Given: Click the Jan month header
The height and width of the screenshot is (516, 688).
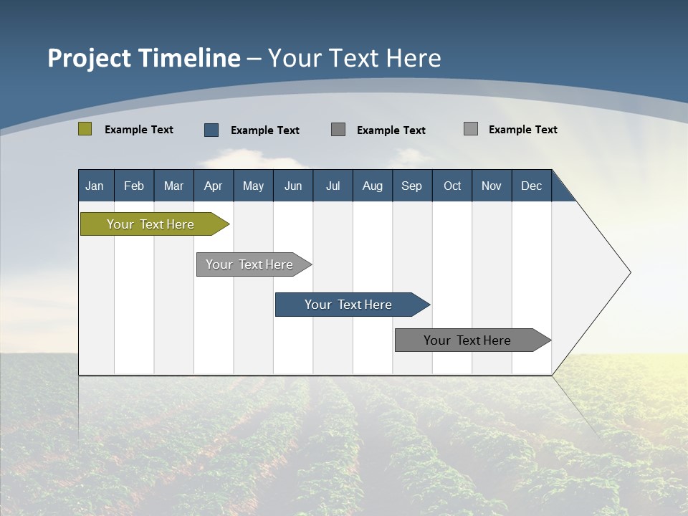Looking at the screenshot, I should point(95,186).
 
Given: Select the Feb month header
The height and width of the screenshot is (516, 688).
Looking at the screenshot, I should point(134,186).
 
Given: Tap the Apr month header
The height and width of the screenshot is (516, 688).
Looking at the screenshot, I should point(213,186).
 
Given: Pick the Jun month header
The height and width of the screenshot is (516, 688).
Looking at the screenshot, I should point(293,186).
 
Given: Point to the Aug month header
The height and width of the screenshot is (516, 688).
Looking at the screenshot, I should point(372,186).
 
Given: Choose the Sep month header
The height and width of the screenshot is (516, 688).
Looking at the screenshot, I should point(411,186).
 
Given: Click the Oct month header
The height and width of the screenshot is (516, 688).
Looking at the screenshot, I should point(452,186).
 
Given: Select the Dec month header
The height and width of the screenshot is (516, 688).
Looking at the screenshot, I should point(531,186).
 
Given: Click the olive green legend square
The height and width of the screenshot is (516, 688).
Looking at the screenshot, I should point(85,129).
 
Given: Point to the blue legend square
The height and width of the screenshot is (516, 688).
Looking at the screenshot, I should point(211,130).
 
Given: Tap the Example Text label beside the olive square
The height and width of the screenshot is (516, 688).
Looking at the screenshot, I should point(139,130).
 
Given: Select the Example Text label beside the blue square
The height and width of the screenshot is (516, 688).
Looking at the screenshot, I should point(265,130).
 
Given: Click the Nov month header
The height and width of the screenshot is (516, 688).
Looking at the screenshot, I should point(492,186).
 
